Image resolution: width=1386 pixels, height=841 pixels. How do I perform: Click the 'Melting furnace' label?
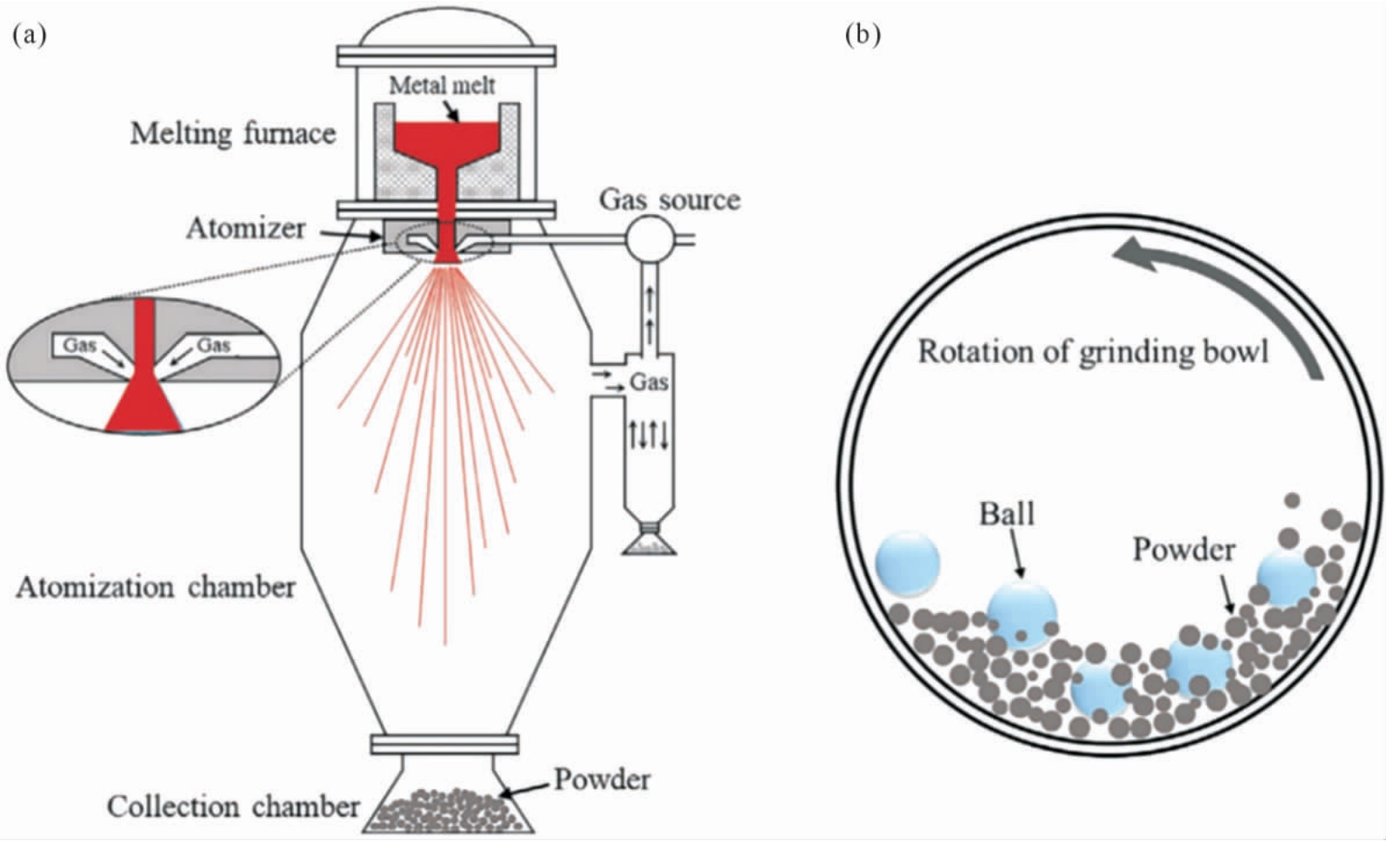click(x=233, y=134)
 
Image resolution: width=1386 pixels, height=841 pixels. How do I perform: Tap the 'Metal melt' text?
click(x=442, y=85)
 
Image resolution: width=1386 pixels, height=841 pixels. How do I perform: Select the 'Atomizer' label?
click(x=246, y=229)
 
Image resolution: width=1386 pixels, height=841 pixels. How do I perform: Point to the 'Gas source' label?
click(x=670, y=200)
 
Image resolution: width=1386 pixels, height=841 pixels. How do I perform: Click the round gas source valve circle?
click(x=649, y=238)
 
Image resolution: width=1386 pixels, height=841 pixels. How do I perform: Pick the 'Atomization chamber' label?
click(x=156, y=587)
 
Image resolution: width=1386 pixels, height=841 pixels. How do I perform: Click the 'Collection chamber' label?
click(x=233, y=807)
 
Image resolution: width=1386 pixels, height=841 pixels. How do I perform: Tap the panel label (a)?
click(x=29, y=36)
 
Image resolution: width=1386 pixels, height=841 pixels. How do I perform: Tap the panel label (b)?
click(x=863, y=36)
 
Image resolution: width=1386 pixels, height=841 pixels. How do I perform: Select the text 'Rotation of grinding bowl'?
click(x=1093, y=351)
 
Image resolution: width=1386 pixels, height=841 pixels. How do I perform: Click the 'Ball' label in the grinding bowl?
click(x=1007, y=514)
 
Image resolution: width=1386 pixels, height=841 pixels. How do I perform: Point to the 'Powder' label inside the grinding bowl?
click(x=1183, y=550)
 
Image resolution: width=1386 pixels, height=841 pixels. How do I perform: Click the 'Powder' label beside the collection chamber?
click(x=602, y=779)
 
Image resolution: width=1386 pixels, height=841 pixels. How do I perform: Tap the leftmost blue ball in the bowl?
click(x=908, y=563)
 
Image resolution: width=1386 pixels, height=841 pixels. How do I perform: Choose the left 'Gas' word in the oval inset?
click(x=79, y=344)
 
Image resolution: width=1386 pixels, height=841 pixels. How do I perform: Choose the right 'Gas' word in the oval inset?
click(x=214, y=344)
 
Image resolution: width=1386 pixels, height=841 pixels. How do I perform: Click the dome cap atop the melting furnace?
click(x=446, y=28)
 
